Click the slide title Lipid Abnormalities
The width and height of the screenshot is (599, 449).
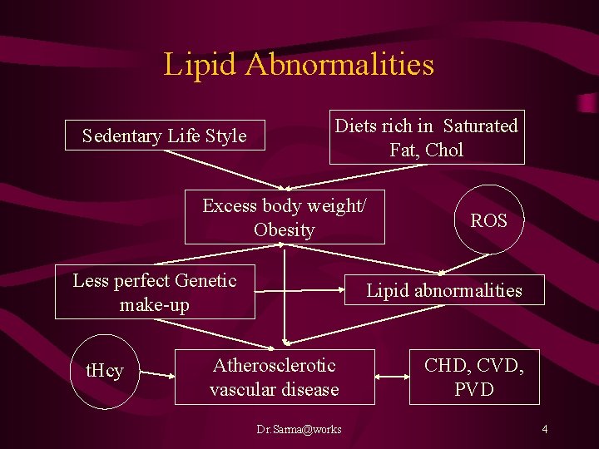click(x=299, y=64)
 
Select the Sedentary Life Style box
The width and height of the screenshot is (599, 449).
click(x=165, y=136)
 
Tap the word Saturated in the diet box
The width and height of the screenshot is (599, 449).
click(x=480, y=126)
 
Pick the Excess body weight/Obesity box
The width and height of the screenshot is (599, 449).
click(x=285, y=218)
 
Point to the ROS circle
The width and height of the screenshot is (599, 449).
click(x=488, y=220)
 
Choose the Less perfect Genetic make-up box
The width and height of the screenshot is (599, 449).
click(x=155, y=293)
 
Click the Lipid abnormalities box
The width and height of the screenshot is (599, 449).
click(x=444, y=290)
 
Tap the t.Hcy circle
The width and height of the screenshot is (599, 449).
click(x=105, y=372)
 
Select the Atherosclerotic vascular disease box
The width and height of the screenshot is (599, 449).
click(x=275, y=377)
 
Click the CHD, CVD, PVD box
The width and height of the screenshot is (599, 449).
click(x=474, y=377)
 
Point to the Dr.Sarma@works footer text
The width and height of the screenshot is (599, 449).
click(x=299, y=429)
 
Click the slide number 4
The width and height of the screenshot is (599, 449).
click(x=544, y=429)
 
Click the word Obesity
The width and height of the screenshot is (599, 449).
click(x=285, y=230)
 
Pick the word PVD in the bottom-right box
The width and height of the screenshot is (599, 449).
click(x=474, y=389)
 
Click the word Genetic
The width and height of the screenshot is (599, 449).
click(x=203, y=281)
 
